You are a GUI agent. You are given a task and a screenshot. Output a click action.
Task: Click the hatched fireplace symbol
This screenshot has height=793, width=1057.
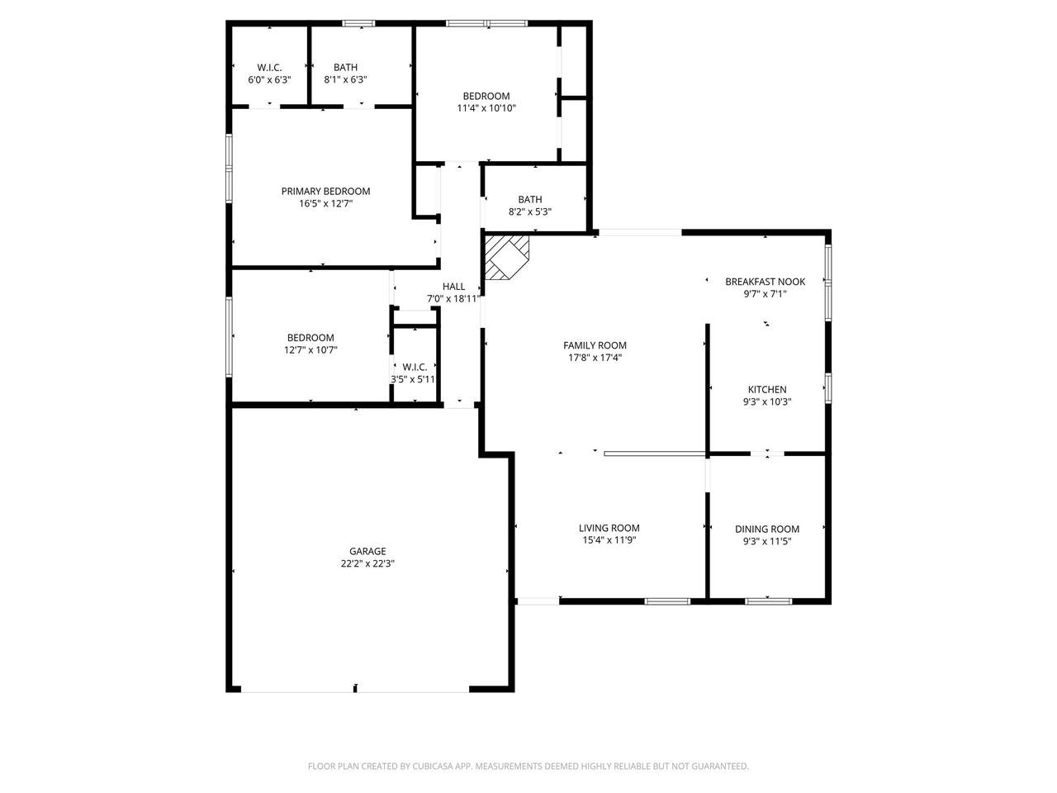tap(505, 256)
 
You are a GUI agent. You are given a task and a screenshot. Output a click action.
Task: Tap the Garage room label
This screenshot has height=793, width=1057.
tap(367, 552)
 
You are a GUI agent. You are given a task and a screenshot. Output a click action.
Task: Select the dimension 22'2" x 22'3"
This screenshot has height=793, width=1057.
tap(367, 564)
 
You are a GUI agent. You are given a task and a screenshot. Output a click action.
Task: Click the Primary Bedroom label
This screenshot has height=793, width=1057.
tap(325, 191)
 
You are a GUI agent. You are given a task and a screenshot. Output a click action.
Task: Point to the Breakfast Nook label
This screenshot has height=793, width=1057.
tap(765, 282)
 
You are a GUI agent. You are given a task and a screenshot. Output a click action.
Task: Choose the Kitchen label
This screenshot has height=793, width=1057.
tap(767, 390)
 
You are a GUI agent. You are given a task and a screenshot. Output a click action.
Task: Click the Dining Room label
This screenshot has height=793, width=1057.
tap(767, 529)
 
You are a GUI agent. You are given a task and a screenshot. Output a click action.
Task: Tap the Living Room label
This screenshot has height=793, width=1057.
tap(609, 529)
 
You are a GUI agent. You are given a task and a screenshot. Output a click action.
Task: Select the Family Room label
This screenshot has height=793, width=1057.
tap(595, 346)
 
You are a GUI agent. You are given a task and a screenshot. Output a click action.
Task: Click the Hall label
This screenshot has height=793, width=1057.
tap(453, 287)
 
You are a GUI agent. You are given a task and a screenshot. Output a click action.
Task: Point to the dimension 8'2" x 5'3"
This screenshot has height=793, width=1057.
tap(530, 211)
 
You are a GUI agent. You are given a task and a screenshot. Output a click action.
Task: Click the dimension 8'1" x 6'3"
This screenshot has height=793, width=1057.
tap(345, 80)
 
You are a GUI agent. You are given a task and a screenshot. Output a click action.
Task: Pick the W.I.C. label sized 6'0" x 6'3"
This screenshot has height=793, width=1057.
tap(269, 68)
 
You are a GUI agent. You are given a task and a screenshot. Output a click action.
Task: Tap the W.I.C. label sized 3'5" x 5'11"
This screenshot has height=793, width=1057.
tap(415, 367)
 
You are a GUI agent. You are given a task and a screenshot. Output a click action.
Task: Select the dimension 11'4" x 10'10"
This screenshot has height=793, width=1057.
tap(486, 108)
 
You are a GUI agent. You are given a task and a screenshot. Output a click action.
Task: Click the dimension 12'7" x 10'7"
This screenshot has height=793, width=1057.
tap(310, 350)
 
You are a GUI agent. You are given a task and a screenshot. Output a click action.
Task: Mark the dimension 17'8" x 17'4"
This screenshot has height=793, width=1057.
tap(595, 359)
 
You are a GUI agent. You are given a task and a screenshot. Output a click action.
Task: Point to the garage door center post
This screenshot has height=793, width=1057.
tap(355, 687)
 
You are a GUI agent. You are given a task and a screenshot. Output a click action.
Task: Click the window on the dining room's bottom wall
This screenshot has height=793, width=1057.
tap(768, 601)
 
